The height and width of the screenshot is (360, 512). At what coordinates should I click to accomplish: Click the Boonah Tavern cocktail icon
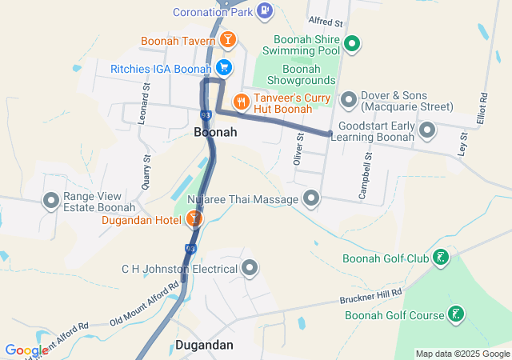click(x=228, y=40)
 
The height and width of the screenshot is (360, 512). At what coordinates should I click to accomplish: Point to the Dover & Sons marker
click(x=348, y=100)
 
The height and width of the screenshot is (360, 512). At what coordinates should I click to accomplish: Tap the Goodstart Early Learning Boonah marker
click(x=427, y=130)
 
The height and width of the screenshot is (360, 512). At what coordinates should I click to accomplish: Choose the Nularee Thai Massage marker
click(x=311, y=198)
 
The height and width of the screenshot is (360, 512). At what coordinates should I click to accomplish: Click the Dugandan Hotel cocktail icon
click(x=193, y=218)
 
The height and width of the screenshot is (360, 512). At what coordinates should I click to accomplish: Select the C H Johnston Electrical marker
click(x=250, y=268)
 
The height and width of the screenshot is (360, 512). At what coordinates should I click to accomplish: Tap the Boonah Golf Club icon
click(x=440, y=258)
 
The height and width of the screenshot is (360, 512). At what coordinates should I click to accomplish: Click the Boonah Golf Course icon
click(x=455, y=314)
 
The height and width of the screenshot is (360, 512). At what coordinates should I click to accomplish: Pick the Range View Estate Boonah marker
click(x=52, y=201)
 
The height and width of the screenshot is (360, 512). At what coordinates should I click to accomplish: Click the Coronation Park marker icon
click(x=266, y=11)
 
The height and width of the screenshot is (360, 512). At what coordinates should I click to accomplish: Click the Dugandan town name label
click(x=204, y=345)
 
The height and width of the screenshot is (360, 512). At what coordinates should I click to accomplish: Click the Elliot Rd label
click(x=483, y=110)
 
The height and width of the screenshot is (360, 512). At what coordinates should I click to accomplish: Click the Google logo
click(x=27, y=350)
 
